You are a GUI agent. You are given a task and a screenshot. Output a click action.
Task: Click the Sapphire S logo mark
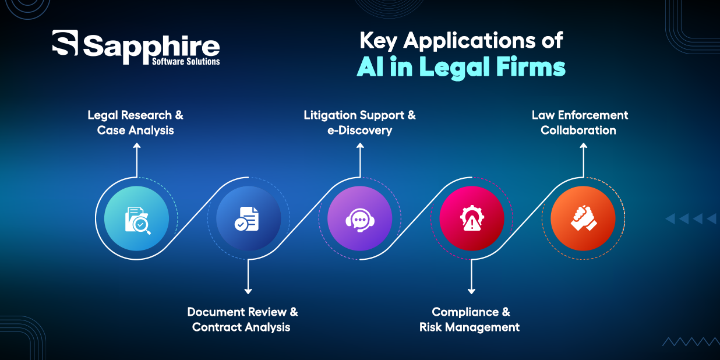[x=65, y=43]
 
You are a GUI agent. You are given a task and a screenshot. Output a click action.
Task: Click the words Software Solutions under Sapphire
[x=186, y=61]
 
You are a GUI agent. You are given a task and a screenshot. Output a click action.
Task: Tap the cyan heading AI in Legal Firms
[x=461, y=67]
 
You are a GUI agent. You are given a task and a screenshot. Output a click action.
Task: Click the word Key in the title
[x=378, y=41]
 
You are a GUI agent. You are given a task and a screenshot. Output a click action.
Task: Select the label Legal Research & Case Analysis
[x=135, y=123]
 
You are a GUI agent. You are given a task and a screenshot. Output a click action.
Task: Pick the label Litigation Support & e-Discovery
[x=359, y=123]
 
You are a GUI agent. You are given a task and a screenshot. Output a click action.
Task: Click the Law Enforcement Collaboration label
[x=580, y=123]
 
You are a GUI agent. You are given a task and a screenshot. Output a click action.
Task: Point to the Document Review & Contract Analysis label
[x=242, y=319]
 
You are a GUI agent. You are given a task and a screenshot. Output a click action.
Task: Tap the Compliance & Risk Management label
[x=470, y=319]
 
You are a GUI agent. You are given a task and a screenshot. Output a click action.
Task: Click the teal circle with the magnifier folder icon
[x=137, y=218]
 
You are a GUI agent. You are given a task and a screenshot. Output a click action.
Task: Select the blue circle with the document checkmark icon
[x=248, y=218]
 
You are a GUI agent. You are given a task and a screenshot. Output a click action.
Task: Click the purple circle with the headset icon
[x=359, y=218]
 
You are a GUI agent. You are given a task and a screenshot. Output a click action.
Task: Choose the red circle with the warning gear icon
[x=471, y=218]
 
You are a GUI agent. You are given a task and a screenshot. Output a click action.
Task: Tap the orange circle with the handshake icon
[x=583, y=218]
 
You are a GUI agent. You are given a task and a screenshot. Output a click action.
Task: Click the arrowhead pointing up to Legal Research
[x=137, y=146]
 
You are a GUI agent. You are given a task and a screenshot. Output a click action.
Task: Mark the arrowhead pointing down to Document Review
[x=248, y=291]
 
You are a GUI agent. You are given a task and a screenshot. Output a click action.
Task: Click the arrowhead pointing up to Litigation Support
[x=360, y=146]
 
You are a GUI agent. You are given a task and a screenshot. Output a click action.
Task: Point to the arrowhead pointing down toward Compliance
[x=471, y=291]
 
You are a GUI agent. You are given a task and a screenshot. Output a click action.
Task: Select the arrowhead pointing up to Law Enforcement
[x=583, y=146]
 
